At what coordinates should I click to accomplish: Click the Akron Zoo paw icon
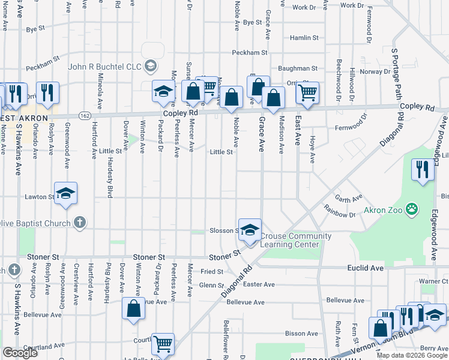coord(412,209)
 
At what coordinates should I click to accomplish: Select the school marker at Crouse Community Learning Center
coord(250,229)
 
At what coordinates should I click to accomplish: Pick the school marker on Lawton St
coord(66,193)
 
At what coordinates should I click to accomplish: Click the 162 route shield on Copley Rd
coord(84,114)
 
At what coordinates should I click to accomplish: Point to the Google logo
coord(20,353)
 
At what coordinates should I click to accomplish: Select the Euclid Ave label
coord(365,268)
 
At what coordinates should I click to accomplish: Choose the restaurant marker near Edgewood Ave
coord(423,170)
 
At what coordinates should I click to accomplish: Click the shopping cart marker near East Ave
coord(307,93)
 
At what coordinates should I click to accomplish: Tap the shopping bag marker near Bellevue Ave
coord(133,308)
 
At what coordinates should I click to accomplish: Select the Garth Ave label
coord(349,199)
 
